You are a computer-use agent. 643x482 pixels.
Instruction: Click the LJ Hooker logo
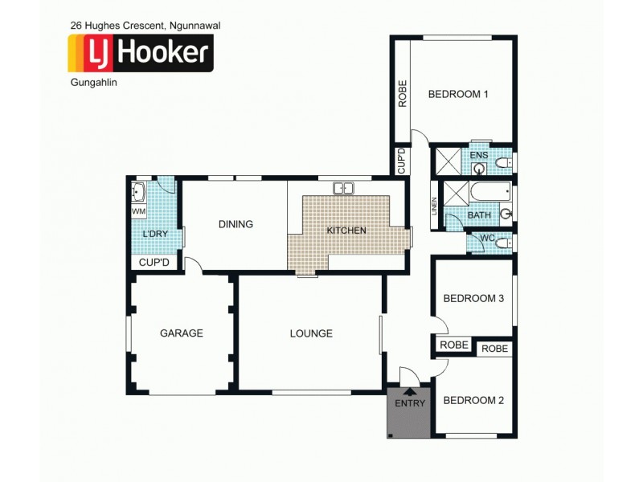(x=141, y=54)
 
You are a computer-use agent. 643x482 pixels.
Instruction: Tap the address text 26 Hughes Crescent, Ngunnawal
(x=145, y=26)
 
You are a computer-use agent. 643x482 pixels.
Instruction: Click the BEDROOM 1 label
(x=458, y=94)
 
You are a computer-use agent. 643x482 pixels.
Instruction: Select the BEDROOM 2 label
(x=473, y=400)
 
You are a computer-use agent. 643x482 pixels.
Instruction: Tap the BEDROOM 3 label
(x=473, y=298)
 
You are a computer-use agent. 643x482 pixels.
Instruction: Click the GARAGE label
(x=181, y=333)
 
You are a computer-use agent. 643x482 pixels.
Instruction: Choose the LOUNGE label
(x=311, y=333)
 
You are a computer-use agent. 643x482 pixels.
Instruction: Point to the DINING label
(x=235, y=224)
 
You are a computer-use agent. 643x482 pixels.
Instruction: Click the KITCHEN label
(x=346, y=231)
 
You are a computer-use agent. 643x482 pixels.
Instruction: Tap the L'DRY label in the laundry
(x=154, y=234)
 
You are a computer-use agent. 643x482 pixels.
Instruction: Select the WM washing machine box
(x=139, y=211)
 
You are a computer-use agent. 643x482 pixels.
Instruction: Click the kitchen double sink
(x=345, y=189)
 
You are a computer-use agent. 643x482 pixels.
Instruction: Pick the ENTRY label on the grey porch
(x=410, y=403)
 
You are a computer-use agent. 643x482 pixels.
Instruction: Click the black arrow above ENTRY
(x=410, y=391)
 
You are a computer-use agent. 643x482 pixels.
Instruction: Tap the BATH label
(x=479, y=215)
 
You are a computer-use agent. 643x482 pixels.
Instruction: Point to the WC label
(x=487, y=238)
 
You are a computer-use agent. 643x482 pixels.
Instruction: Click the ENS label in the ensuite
(x=479, y=155)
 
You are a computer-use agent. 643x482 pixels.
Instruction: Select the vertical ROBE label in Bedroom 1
(x=403, y=94)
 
